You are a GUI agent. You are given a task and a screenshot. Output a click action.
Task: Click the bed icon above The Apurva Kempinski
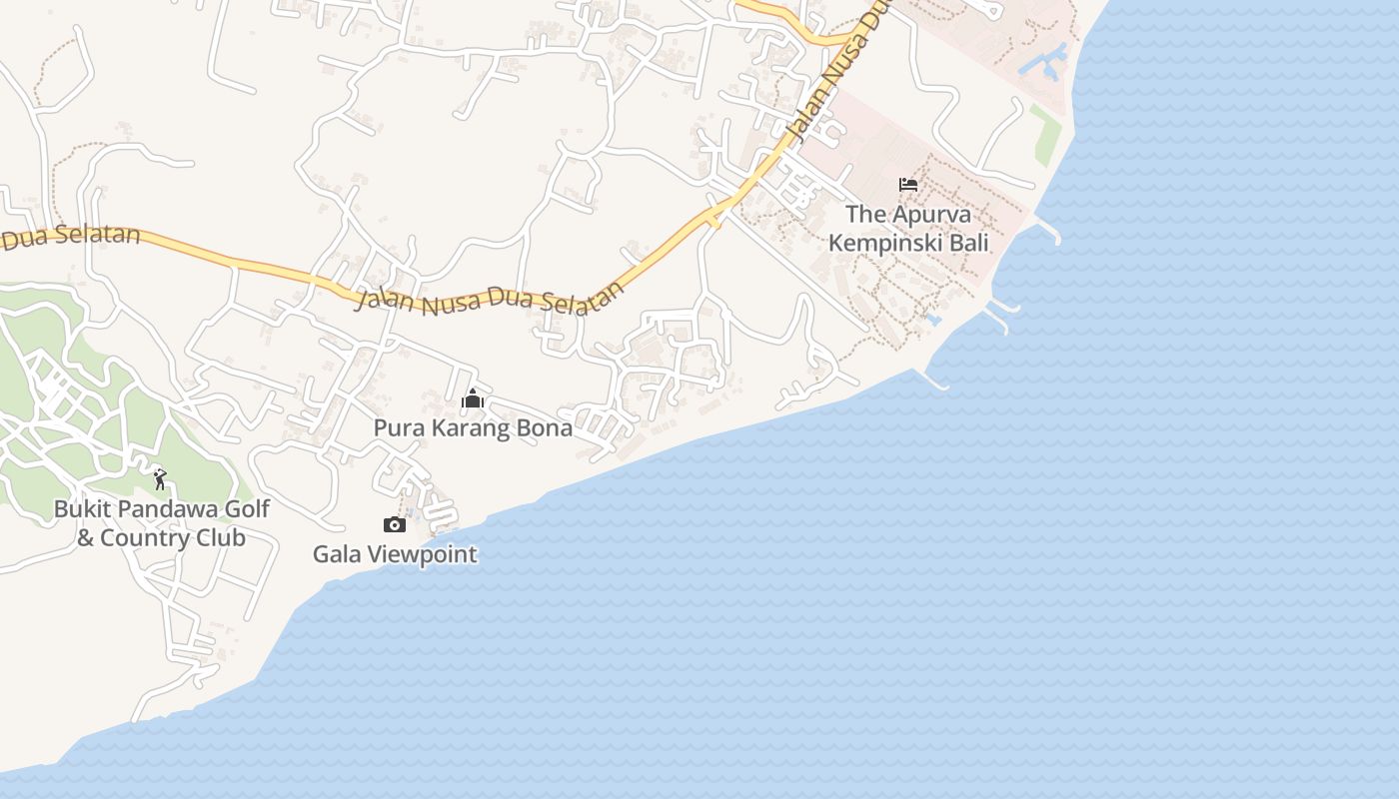[908, 185]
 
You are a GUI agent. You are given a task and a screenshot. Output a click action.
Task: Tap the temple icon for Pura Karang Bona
[473, 399]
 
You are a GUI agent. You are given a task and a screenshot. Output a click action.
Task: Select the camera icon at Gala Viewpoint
[395, 525]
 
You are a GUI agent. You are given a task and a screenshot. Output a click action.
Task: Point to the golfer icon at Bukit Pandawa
[160, 479]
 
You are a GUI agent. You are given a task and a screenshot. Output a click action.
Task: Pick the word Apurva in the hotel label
[928, 214]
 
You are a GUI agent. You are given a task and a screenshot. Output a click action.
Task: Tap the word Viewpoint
[421, 554]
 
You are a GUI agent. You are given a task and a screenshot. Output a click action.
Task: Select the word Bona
[546, 428]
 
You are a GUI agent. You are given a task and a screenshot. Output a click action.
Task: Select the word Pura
[396, 428]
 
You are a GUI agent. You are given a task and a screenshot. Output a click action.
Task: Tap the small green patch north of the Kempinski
[1045, 136]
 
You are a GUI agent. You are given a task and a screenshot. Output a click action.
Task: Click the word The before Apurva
[864, 214]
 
